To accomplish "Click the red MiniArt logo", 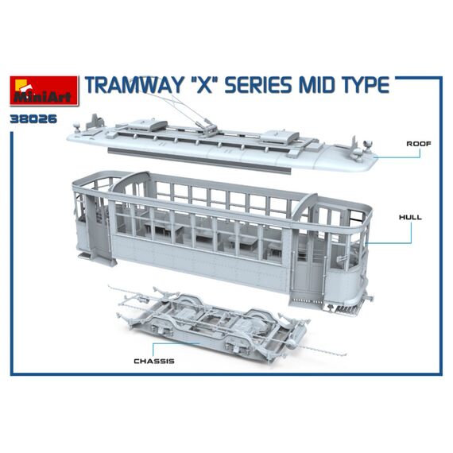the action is coord(44,91).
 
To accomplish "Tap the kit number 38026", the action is coord(33,119).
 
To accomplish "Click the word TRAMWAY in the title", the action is coord(134,85).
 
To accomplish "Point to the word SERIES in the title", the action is coord(260,85).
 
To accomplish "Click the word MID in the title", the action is coord(319,85).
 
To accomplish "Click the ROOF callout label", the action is coord(419,144).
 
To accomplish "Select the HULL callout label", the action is coord(410,217).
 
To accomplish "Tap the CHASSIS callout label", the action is coord(154,361).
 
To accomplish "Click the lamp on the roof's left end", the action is coord(77,126).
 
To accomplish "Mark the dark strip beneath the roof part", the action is coord(199,161).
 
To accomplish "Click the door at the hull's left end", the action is coord(98,226).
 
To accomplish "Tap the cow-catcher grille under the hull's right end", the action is coord(344,308).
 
